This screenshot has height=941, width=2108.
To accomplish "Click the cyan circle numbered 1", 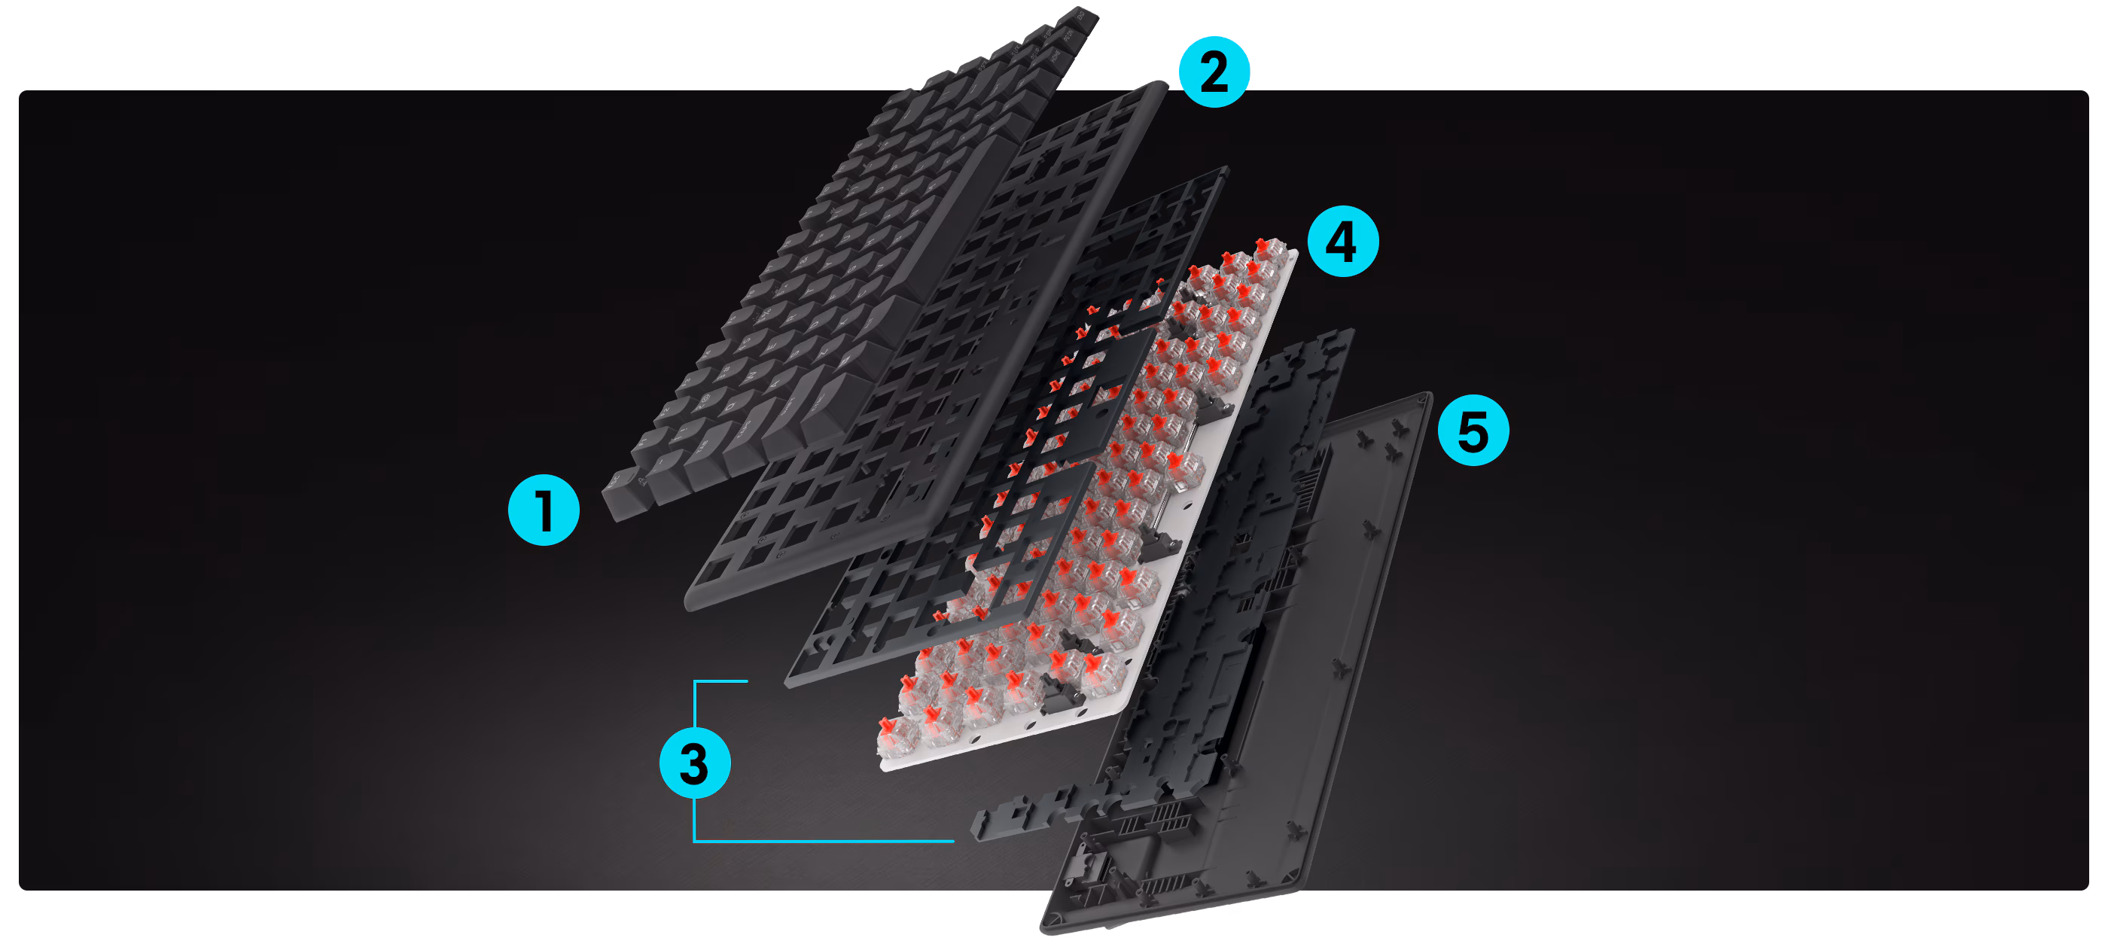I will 544,510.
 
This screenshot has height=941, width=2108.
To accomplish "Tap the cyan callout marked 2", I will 1214,72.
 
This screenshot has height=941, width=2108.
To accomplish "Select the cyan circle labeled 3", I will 695,763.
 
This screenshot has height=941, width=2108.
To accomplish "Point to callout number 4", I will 1342,242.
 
